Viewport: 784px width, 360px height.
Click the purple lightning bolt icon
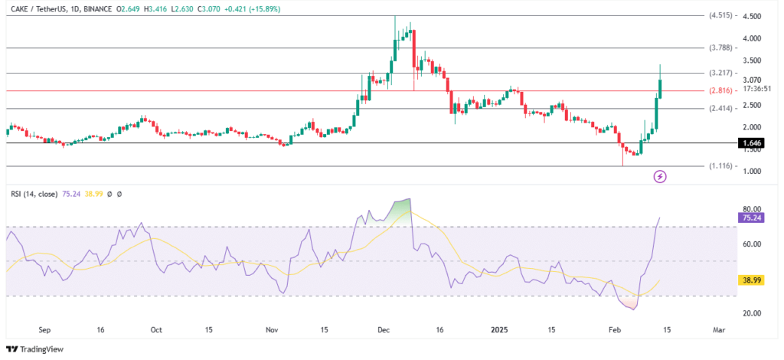point(660,177)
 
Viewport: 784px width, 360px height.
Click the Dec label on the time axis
point(383,329)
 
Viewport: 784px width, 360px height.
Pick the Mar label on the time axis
point(718,329)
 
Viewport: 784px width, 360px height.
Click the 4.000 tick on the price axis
point(753,38)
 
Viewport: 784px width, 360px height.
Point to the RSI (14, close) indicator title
point(35,195)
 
